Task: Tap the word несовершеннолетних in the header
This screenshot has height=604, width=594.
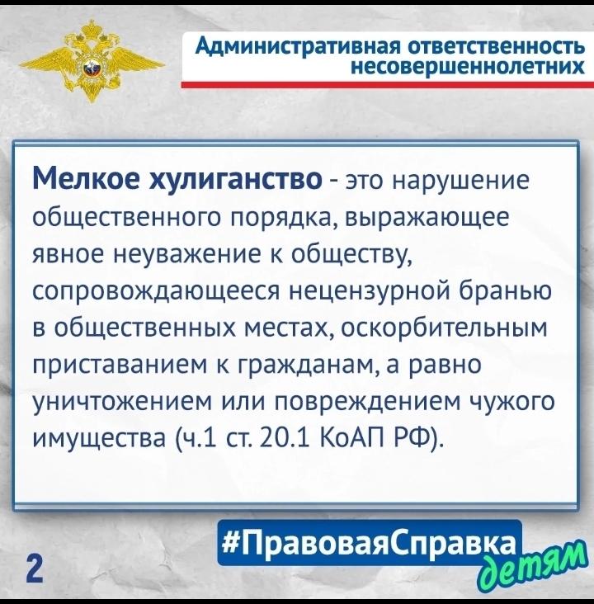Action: (468, 67)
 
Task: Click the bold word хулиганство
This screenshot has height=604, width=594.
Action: (235, 180)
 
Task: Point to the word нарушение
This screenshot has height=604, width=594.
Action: (461, 181)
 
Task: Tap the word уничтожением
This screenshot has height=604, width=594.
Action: (122, 402)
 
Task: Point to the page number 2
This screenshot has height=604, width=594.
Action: (34, 570)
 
